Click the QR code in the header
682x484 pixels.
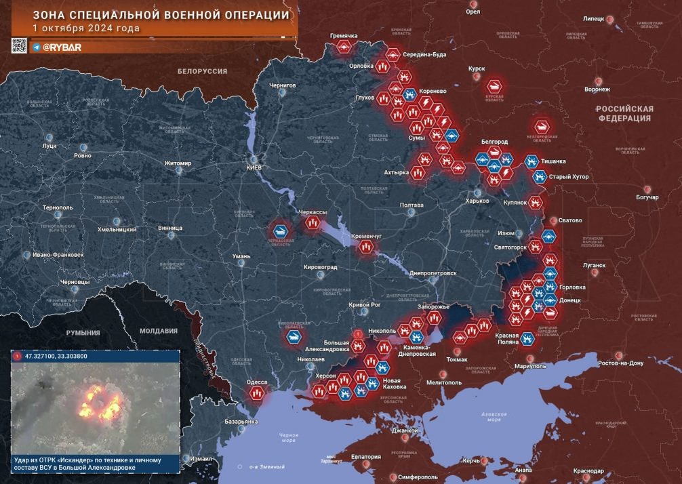(19, 46)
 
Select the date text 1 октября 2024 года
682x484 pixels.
(86, 28)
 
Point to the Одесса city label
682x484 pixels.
(257, 382)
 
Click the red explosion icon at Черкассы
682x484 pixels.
(312, 223)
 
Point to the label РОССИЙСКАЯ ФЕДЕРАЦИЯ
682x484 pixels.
(624, 113)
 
